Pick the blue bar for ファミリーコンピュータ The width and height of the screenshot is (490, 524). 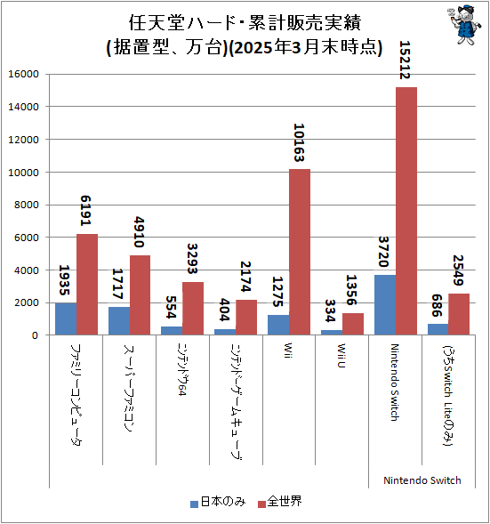pyautogui.click(x=65, y=319)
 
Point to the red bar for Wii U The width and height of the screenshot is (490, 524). pyautogui.click(x=352, y=324)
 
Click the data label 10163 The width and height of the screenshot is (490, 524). pyautogui.click(x=300, y=142)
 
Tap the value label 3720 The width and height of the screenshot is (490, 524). pyautogui.click(x=384, y=251)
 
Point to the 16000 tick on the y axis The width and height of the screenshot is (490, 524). pyautogui.click(x=24, y=74)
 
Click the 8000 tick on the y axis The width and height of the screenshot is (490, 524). pyautogui.click(x=27, y=205)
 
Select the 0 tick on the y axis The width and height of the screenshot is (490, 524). pyautogui.click(x=36, y=335)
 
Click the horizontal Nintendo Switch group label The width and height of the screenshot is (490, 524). pyautogui.click(x=422, y=480)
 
